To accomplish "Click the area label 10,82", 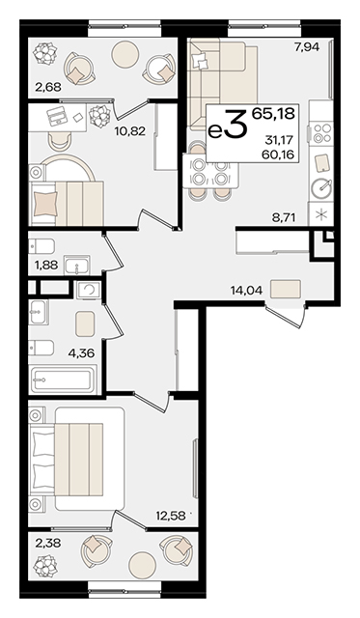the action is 130,131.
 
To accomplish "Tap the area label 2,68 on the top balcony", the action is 48,87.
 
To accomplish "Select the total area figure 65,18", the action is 273,114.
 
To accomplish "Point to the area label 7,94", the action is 307,47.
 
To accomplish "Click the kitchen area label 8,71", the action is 283,217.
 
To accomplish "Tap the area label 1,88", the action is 46,266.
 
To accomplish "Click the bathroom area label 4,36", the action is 81,352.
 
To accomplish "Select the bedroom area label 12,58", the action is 170,515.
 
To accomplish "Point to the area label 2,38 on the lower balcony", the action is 47,545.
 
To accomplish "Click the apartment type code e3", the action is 227,125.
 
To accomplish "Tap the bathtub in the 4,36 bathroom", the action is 63,379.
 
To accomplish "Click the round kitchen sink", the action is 321,188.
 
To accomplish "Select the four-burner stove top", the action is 321,133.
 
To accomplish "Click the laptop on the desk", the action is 56,116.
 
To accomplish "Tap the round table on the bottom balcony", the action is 143,566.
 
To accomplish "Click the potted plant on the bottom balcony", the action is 45,566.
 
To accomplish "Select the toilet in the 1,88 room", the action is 42,246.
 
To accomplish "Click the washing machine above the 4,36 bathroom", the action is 88,290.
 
